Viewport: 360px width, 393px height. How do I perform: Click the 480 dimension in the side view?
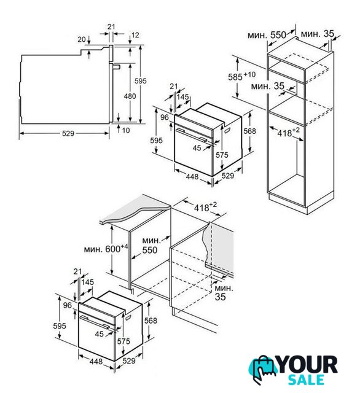130,96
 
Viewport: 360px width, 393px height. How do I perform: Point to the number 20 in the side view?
82,39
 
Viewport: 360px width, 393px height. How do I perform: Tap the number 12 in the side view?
135,35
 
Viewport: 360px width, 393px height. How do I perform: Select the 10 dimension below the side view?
126,130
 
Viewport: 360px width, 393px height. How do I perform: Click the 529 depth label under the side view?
68,133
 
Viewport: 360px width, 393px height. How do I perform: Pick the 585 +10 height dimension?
241,76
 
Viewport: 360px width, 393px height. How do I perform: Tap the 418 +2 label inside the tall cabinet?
288,132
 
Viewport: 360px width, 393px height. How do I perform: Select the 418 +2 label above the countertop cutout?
205,206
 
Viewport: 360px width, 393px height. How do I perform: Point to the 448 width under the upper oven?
192,177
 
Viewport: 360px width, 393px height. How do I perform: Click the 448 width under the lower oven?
96,362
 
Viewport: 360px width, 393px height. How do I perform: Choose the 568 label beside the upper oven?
250,131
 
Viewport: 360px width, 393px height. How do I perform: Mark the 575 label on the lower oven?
123,341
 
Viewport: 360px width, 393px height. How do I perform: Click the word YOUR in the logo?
307,365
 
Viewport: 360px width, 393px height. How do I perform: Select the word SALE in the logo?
306,379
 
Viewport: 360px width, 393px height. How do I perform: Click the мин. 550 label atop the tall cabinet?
267,35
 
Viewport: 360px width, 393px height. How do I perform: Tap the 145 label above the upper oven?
182,97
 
